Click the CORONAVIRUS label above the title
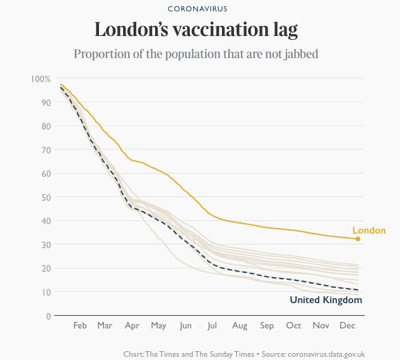tap(197, 9)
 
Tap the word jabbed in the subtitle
tap(298, 54)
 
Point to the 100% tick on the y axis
tap(40, 79)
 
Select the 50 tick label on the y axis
tap(44, 197)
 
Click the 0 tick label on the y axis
tap(47, 316)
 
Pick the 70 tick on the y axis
tap(44, 150)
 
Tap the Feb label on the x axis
tap(79, 326)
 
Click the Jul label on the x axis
tap(212, 326)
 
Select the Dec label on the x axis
tap(347, 326)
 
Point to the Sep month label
tap(267, 326)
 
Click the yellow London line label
tap(368, 231)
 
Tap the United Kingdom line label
tap(326, 300)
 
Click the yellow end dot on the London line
tap(358, 239)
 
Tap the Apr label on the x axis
tap(132, 326)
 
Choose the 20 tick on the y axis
tap(44, 268)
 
